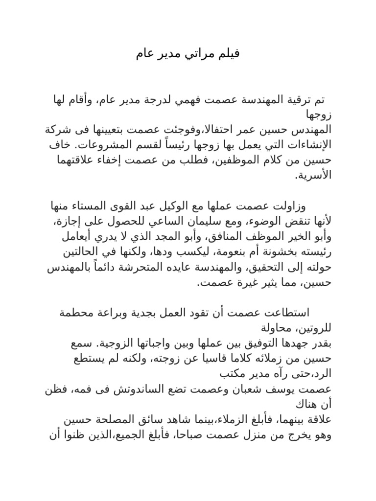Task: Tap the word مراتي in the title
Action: coord(196,54)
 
